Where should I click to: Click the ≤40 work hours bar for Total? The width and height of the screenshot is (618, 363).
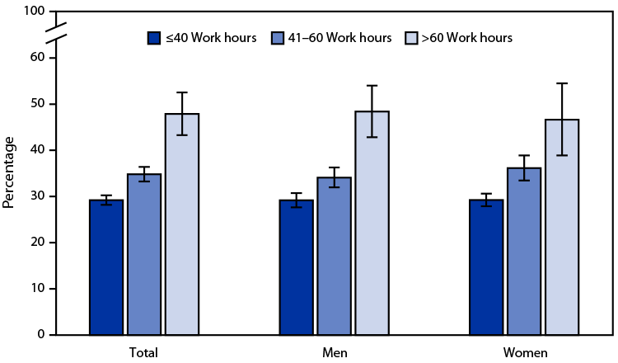106,267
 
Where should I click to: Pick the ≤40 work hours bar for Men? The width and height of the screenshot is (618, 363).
296,267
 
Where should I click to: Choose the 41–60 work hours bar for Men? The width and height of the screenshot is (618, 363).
334,256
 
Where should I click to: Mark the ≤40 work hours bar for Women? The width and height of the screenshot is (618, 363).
485,267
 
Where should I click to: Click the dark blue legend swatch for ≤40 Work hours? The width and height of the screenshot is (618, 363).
154,37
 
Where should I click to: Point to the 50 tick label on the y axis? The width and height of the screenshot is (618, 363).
36,104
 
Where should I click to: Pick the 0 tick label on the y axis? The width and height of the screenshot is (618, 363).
40,335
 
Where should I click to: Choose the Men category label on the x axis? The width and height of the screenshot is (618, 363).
334,352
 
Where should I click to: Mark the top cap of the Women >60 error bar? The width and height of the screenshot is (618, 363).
561,83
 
